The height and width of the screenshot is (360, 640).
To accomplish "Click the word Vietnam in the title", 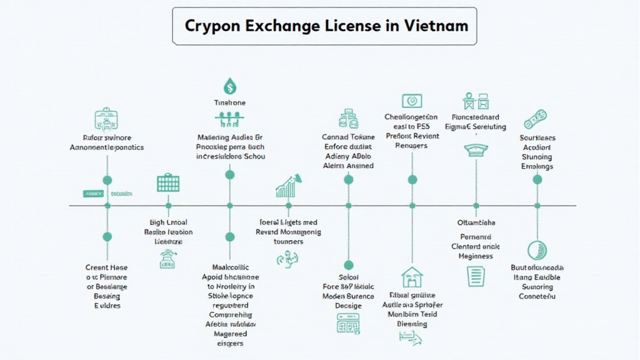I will coord(437,26).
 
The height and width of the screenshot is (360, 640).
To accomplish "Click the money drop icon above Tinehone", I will coord(229,86).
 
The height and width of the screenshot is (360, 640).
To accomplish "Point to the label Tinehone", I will coord(229,102).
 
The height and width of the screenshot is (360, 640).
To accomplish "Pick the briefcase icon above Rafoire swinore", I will coord(106,119).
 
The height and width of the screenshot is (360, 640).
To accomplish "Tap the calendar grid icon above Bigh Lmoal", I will coord(167,183).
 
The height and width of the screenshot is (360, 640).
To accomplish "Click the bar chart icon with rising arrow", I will coord(289,186).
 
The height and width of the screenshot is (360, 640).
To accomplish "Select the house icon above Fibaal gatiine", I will coord(412,276).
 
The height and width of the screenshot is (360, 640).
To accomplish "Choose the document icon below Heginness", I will coord(476,276).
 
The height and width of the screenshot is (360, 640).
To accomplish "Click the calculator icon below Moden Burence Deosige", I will coord(348,323).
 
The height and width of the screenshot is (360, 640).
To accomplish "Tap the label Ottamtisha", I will coord(476,222).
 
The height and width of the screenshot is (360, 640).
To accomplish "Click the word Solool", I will coord(348,277).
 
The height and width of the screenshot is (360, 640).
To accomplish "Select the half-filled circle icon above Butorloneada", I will coord(537,250).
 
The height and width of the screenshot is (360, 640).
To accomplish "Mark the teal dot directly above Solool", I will coord(348,265).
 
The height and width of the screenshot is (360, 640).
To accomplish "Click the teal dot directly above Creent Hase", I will coord(107,236).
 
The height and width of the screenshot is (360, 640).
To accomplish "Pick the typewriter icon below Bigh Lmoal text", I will coord(167,259).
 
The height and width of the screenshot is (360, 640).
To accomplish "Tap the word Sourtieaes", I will coord(537,138).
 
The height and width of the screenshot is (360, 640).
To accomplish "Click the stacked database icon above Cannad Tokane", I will coord(347,119).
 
